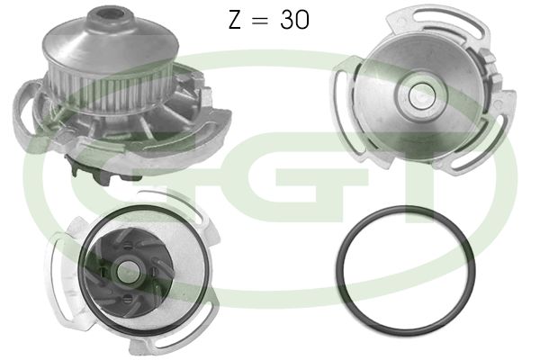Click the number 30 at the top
[294, 19]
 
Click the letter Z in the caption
[235, 19]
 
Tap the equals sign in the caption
[260, 20]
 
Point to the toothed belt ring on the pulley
[110, 91]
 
